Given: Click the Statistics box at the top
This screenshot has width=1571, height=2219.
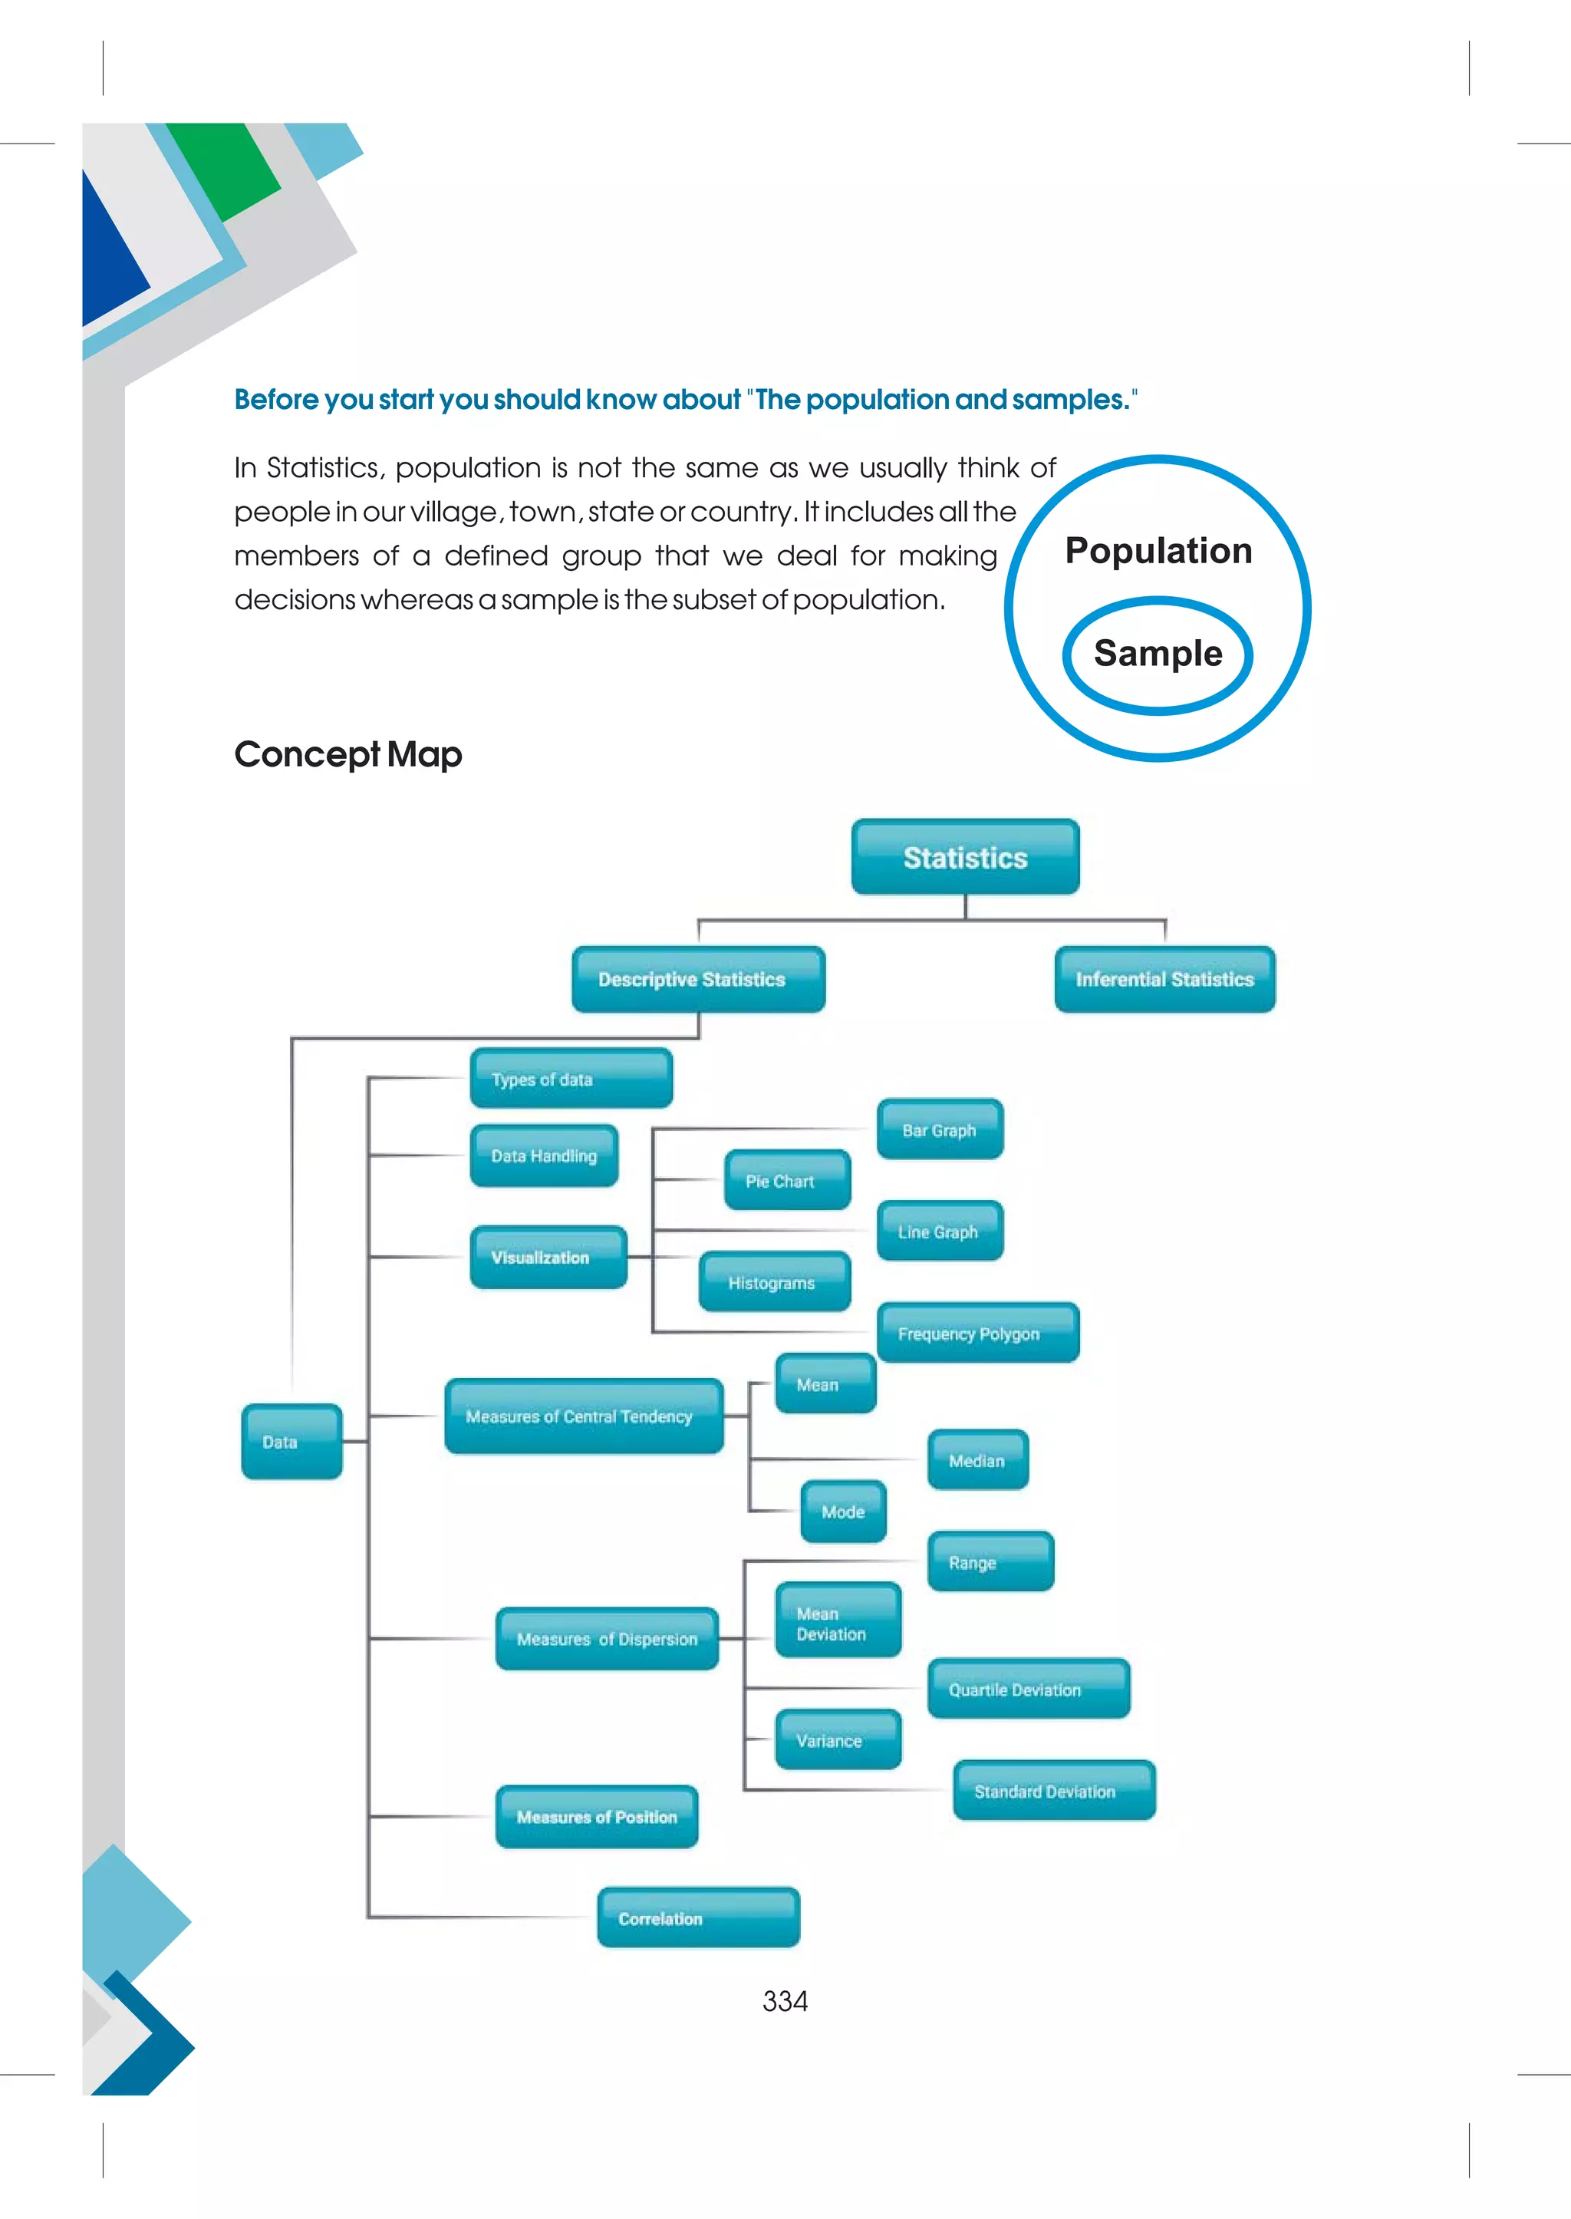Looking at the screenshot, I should [x=964, y=857].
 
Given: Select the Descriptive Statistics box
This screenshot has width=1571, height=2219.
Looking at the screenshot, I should [x=697, y=979].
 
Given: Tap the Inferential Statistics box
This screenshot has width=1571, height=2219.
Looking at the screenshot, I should [x=1164, y=979].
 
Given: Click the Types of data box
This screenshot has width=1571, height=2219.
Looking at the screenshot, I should [x=571, y=1078].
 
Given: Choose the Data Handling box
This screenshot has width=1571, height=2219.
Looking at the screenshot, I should [x=544, y=1156].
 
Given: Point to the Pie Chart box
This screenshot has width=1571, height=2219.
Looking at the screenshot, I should [x=786, y=1181].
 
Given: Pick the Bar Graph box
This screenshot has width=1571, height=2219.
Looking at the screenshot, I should [x=940, y=1129].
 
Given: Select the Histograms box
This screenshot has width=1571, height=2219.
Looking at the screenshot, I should [x=774, y=1282].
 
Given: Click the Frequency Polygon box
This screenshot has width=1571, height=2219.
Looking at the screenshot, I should [x=977, y=1334].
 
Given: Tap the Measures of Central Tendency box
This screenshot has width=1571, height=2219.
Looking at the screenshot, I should [x=583, y=1416].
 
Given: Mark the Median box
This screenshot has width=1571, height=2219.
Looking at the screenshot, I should [x=977, y=1460].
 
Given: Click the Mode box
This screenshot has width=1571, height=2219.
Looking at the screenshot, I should [x=842, y=1511].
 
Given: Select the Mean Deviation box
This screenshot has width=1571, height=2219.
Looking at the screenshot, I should [x=838, y=1623].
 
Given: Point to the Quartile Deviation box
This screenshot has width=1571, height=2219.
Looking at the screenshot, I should [x=1027, y=1690].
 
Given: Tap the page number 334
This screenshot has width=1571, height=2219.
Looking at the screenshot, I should [x=785, y=2001].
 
